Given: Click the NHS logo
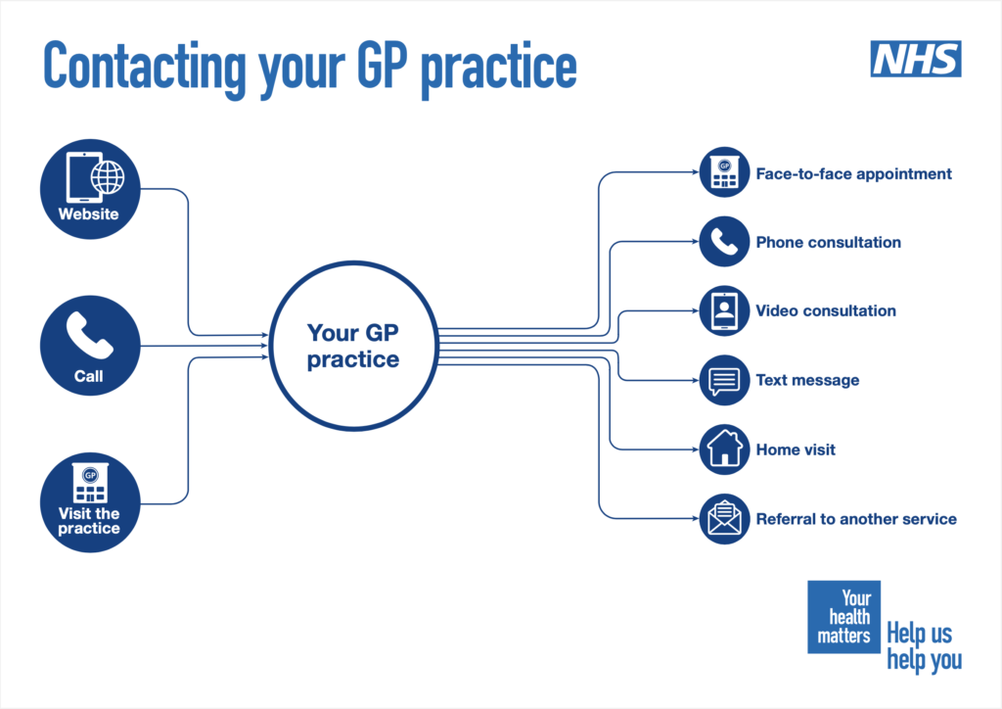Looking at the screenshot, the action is click(x=916, y=59).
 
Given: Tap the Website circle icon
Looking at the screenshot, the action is click(x=90, y=189).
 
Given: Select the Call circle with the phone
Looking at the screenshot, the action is click(x=90, y=346).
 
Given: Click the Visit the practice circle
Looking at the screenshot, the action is click(x=90, y=502).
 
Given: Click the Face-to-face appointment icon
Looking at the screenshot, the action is click(x=724, y=172).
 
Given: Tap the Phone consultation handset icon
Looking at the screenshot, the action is click(x=724, y=242).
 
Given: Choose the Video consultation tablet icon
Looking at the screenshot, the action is click(x=724, y=310).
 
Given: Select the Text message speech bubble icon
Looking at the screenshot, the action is click(x=724, y=380).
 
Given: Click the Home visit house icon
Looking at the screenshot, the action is click(x=724, y=449).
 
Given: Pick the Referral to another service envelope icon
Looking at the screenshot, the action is click(x=724, y=518).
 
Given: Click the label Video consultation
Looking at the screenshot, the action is click(x=826, y=310).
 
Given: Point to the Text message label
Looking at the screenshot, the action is click(x=807, y=380).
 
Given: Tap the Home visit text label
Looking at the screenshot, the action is click(x=796, y=449).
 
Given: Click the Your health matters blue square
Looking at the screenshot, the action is click(x=844, y=617).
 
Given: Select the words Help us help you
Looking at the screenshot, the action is click(x=924, y=647).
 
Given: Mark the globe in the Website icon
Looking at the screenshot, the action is click(x=108, y=177).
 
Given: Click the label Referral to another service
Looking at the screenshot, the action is click(x=856, y=519).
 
